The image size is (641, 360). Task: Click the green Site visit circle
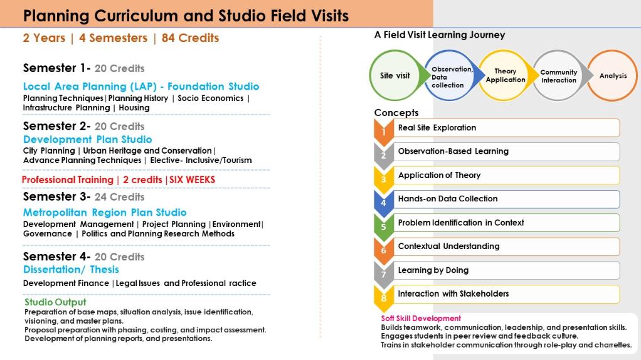(395, 76)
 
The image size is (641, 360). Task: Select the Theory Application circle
(505, 76)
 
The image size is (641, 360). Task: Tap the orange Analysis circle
(613, 76)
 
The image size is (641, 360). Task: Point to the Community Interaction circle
(558, 76)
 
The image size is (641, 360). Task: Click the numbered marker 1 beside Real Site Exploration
(383, 130)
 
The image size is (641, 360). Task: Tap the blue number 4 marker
(383, 202)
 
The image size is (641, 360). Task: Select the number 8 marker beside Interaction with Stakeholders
(383, 297)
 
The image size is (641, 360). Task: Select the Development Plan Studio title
(87, 139)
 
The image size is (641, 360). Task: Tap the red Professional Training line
(119, 180)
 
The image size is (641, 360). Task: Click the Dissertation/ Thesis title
(71, 270)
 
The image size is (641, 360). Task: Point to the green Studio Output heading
(55, 302)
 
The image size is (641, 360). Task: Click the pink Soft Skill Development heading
(421, 319)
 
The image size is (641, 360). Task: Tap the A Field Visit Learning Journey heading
(439, 35)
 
